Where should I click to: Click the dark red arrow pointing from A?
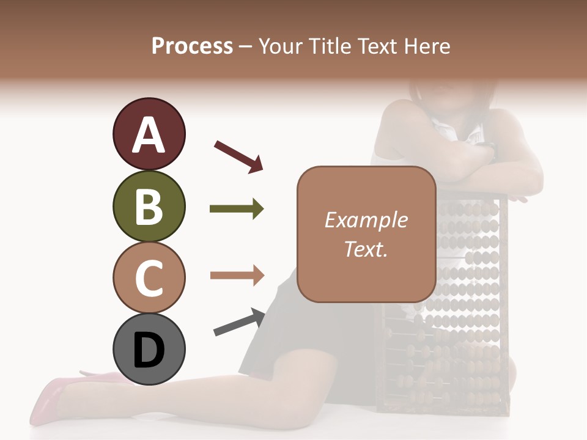coord(238,156)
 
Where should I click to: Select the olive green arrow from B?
coord(237,209)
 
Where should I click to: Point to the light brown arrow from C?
coord(237,275)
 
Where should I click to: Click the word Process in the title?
coord(192,46)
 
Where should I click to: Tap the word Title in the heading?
coord(330,46)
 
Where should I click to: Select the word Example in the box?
coord(366,220)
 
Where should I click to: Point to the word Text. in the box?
coord(366,249)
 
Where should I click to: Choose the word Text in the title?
coord(378,46)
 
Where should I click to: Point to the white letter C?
coord(149,279)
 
